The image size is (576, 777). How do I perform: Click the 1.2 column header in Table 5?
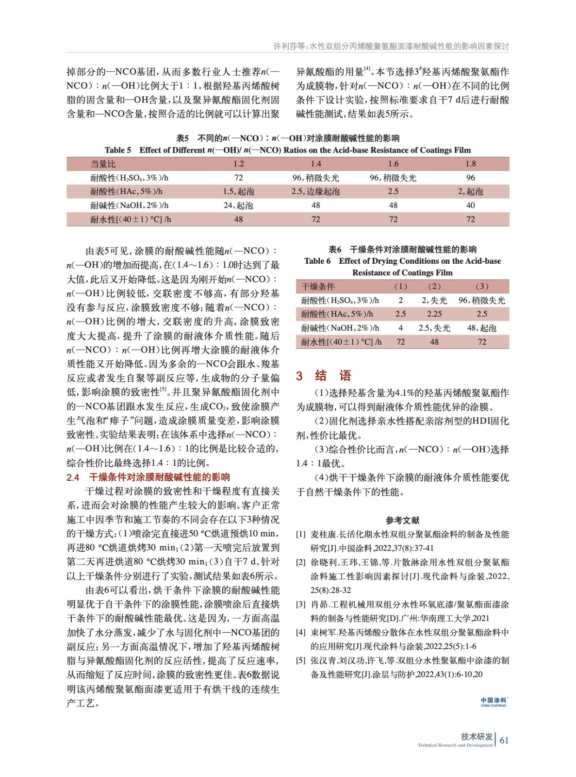click(238, 164)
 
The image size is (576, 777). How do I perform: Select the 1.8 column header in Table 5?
click(470, 164)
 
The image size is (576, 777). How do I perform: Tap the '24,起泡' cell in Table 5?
click(238, 205)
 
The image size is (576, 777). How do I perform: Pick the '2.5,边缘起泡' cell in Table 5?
click(315, 192)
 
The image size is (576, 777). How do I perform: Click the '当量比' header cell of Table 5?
click(103, 164)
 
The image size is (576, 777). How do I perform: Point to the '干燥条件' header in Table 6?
click(318, 287)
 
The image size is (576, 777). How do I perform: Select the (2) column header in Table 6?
click(434, 287)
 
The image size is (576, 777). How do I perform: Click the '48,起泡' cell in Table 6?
click(481, 328)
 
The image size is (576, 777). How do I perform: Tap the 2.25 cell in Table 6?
click(434, 314)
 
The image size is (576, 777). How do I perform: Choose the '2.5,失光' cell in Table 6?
click(434, 328)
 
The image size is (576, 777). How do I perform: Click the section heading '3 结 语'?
click(323, 375)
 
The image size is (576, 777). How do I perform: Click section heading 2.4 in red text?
click(148, 477)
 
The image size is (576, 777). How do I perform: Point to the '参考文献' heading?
click(402, 520)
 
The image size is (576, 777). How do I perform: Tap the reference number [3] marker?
click(301, 605)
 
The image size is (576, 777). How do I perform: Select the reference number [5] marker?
click(301, 660)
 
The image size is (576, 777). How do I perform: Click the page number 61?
click(504, 740)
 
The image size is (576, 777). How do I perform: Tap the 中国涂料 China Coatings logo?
click(493, 702)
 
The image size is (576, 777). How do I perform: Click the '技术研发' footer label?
click(477, 736)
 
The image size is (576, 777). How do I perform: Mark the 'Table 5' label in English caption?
click(118, 150)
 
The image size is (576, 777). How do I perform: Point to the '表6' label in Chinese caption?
click(335, 250)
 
